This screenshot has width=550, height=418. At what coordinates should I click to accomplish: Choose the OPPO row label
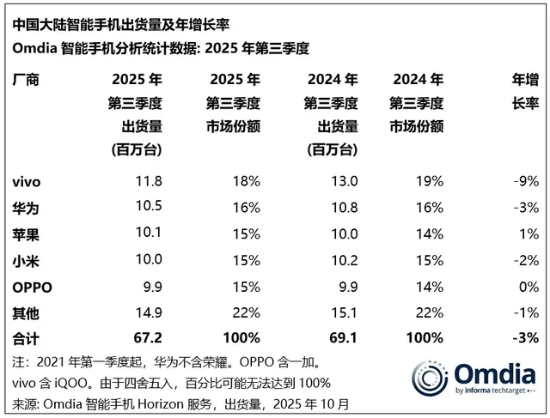[x=33, y=285]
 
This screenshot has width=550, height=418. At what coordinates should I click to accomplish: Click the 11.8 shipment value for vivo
[x=147, y=181]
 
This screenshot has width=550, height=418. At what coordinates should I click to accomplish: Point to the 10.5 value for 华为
[x=147, y=207]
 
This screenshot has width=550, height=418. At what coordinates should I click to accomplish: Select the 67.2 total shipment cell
[x=147, y=336]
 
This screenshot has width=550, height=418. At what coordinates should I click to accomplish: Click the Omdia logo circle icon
[x=430, y=380]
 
